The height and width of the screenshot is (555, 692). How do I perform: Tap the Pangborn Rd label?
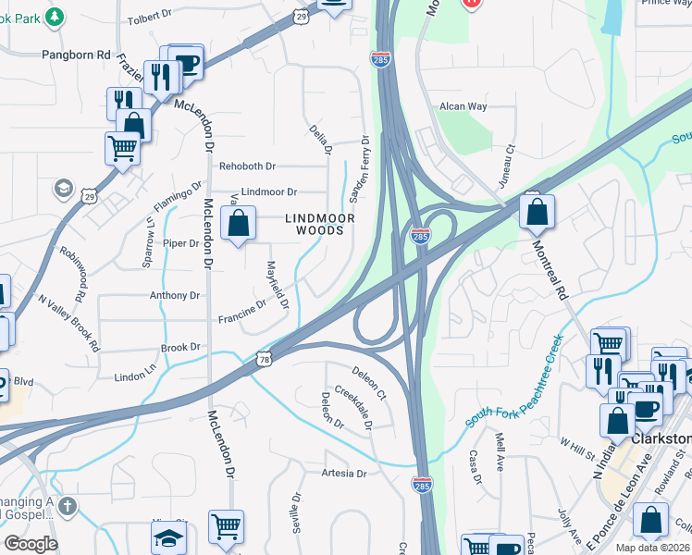pyautogui.click(x=76, y=55)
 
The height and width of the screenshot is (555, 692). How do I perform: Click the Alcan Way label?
pyautogui.click(x=463, y=107)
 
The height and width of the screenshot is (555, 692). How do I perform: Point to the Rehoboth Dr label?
pyautogui.click(x=246, y=166)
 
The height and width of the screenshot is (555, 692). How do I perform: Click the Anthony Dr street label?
pyautogui.click(x=175, y=296)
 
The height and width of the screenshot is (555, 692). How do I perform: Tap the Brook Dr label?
pyautogui.click(x=180, y=348)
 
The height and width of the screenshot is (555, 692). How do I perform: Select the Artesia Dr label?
pyautogui.click(x=344, y=474)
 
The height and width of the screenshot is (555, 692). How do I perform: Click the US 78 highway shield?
pyautogui.click(x=266, y=358)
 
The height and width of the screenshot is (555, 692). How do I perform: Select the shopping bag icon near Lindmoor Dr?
pyautogui.click(x=239, y=223)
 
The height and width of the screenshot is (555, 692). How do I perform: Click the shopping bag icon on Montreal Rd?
pyautogui.click(x=537, y=212)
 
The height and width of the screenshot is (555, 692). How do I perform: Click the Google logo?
pyautogui.click(x=31, y=544)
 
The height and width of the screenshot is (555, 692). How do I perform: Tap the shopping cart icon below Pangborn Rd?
pyautogui.click(x=122, y=147)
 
